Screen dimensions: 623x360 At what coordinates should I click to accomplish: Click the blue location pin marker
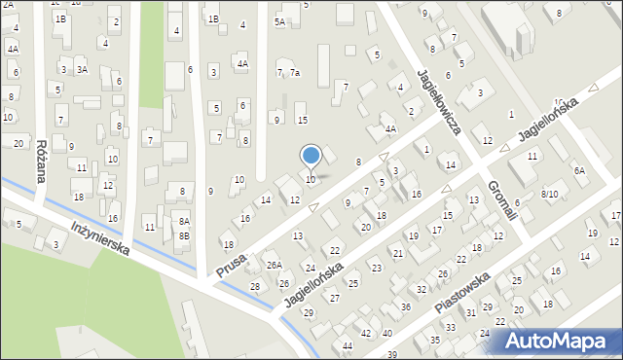pyautogui.click(x=311, y=156)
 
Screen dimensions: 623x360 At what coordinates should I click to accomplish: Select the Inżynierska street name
pyautogui.click(x=101, y=236)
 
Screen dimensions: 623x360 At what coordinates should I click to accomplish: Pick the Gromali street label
pyautogui.click(x=500, y=198)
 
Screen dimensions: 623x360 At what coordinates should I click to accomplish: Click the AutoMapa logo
pyautogui.click(x=558, y=342)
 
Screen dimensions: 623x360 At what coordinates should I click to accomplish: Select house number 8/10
pyautogui.click(x=550, y=195)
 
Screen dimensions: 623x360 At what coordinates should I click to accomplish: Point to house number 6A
pyautogui.click(x=579, y=170)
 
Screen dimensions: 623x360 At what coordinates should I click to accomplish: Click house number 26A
pyautogui.click(x=275, y=265)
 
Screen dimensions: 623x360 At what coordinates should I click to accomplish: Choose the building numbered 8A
pyautogui.click(x=183, y=222)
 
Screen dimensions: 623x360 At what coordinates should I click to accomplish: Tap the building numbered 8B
pyautogui.click(x=183, y=235)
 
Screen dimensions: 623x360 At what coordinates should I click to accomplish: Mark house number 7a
pyautogui.click(x=294, y=73)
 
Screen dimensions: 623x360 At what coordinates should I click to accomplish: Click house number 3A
pyautogui.click(x=83, y=69)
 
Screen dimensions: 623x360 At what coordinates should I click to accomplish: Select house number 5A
pyautogui.click(x=279, y=21)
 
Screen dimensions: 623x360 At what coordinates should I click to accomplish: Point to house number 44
pyautogui.click(x=348, y=346)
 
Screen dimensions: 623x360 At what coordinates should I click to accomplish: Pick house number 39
pyautogui.click(x=390, y=354)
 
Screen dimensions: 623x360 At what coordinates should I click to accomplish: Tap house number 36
pyautogui.click(x=405, y=307)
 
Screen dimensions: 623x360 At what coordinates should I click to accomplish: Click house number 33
pyautogui.click(x=450, y=327)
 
